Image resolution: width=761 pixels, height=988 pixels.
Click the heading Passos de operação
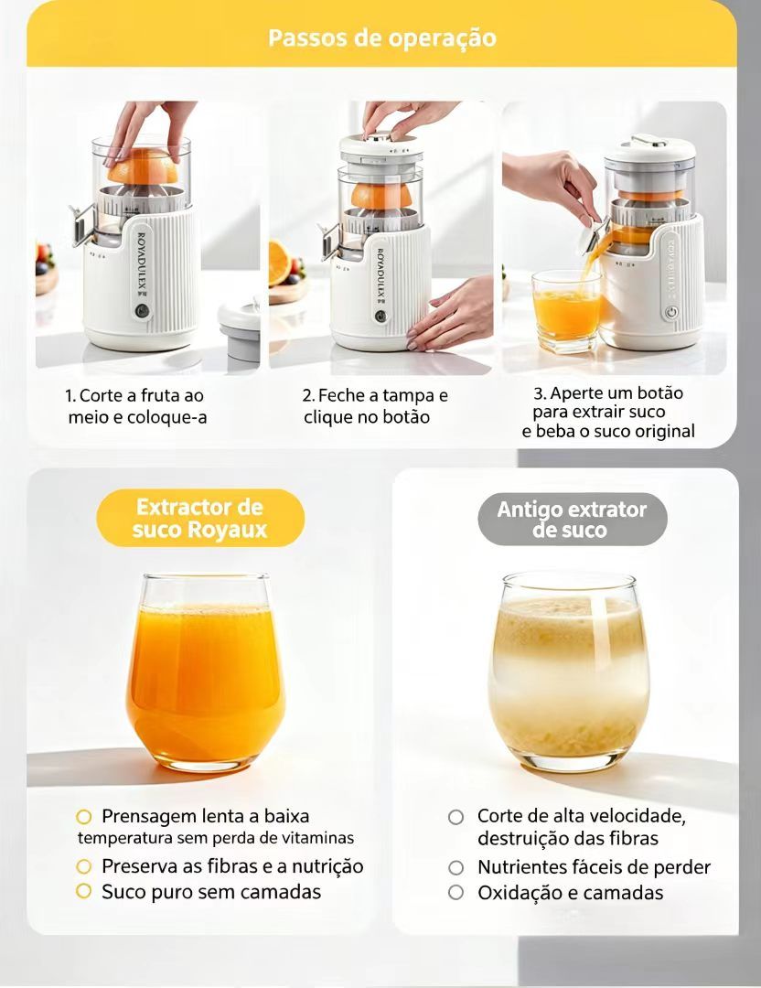pos(381,38)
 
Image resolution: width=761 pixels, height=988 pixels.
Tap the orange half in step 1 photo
pos(143,166)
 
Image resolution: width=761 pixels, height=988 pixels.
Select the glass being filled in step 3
pos(566,311)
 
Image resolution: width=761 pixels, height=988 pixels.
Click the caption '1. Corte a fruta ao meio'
pos(136,406)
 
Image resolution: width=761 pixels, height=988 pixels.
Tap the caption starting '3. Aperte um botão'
pos(608,412)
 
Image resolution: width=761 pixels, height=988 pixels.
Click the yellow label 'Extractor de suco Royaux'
pos(200,518)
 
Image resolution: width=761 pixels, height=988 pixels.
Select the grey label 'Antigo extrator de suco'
pos(572,520)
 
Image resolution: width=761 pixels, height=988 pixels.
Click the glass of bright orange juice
pos(206,673)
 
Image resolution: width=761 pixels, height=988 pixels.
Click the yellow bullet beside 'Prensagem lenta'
pos(84,817)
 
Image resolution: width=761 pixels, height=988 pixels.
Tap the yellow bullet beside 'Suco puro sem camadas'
pos(84,891)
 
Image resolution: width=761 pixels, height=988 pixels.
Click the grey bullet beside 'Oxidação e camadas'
pos(456,892)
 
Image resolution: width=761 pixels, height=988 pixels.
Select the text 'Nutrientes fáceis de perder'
pos(594,867)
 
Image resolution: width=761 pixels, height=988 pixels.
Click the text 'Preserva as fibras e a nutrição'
pos(232,866)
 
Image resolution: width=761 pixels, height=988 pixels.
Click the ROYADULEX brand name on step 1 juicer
pos(142,266)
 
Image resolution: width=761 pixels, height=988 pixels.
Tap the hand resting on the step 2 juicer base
pos(447,313)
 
